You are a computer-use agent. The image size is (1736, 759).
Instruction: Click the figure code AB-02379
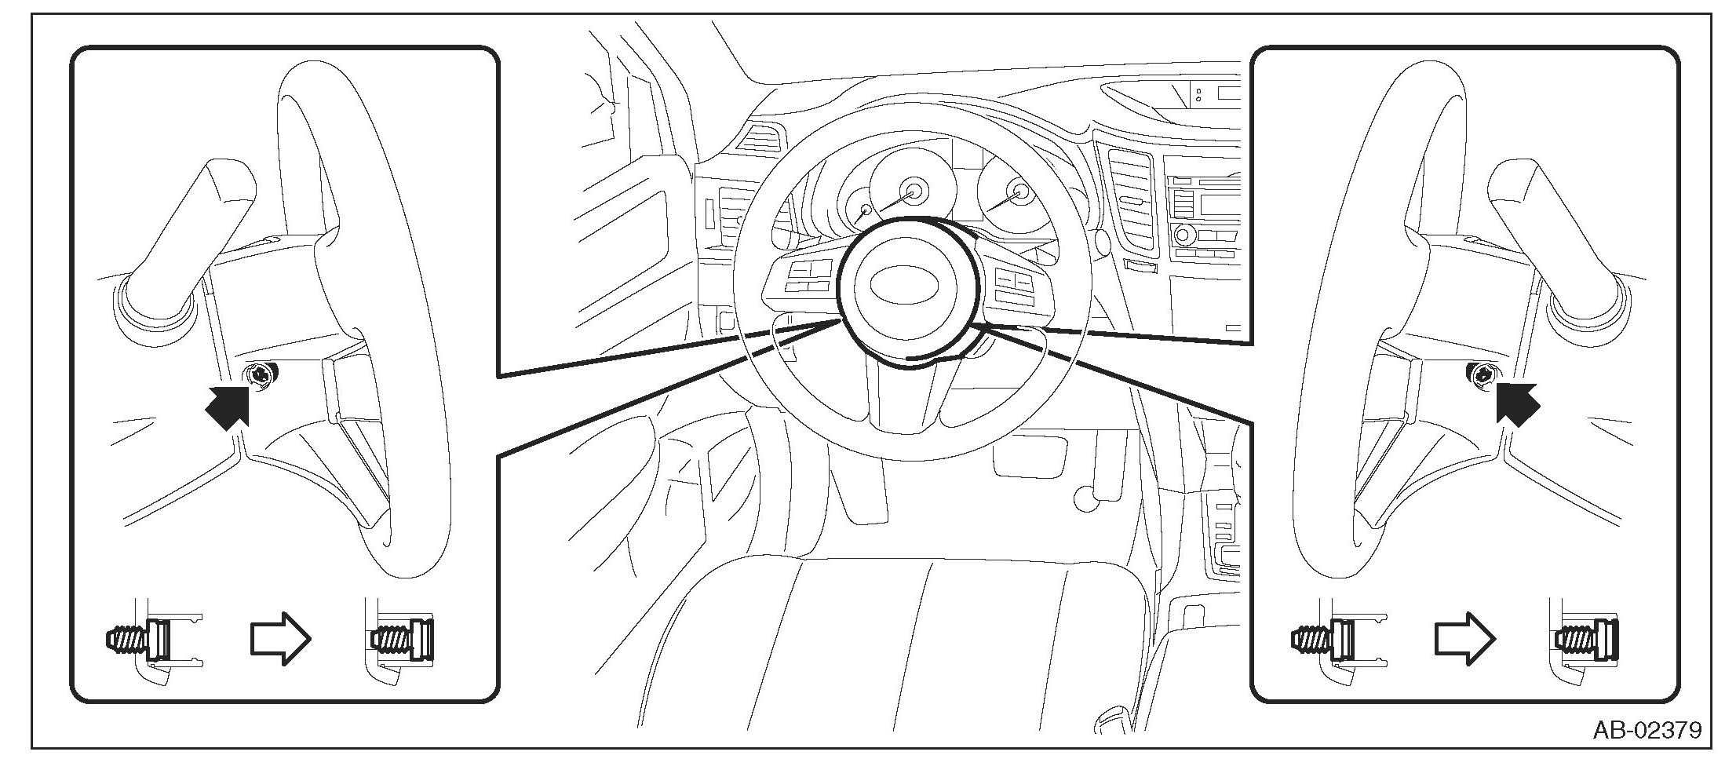[x=1647, y=731]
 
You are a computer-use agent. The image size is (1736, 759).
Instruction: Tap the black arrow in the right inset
[x=1517, y=404]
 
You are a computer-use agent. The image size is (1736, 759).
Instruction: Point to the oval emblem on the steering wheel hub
[x=898, y=283]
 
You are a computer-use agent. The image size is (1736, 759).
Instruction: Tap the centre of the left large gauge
[x=914, y=189]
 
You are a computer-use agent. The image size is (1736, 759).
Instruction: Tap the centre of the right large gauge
[x=1019, y=192]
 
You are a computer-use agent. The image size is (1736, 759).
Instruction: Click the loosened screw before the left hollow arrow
[x=136, y=639]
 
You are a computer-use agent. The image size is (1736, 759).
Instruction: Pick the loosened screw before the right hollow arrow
[x=1322, y=639]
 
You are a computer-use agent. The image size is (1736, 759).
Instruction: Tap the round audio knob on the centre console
[x=1182, y=235]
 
